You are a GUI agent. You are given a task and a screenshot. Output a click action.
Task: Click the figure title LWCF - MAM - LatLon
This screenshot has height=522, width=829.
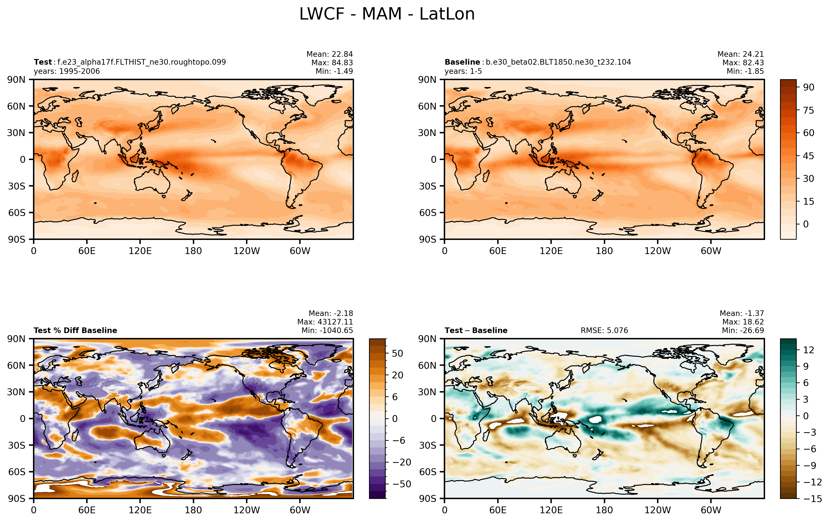pyautogui.click(x=387, y=14)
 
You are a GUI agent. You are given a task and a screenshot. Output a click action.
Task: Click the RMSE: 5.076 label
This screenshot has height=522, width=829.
pyautogui.click(x=604, y=331)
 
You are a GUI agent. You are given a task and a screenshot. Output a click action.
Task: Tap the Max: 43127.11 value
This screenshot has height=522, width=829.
pyautogui.click(x=325, y=322)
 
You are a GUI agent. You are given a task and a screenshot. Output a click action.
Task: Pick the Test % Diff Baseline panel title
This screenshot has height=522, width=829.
pyautogui.click(x=75, y=331)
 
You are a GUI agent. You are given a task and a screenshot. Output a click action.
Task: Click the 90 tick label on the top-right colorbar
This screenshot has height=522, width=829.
pyautogui.click(x=809, y=87)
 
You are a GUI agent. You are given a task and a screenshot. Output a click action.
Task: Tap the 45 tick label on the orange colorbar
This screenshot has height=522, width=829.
pyautogui.click(x=809, y=156)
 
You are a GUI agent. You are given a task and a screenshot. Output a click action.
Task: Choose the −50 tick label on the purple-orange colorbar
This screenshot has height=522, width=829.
pyautogui.click(x=402, y=484)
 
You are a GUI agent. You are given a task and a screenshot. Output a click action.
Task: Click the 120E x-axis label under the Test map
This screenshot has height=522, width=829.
pyautogui.click(x=140, y=251)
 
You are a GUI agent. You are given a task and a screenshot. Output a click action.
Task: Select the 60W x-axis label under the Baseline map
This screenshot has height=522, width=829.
pyautogui.click(x=711, y=251)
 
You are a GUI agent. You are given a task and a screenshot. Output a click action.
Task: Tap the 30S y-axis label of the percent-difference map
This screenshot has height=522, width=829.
pyautogui.click(x=17, y=445)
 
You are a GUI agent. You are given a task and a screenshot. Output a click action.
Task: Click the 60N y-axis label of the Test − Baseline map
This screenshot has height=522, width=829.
pyautogui.click(x=427, y=365)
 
